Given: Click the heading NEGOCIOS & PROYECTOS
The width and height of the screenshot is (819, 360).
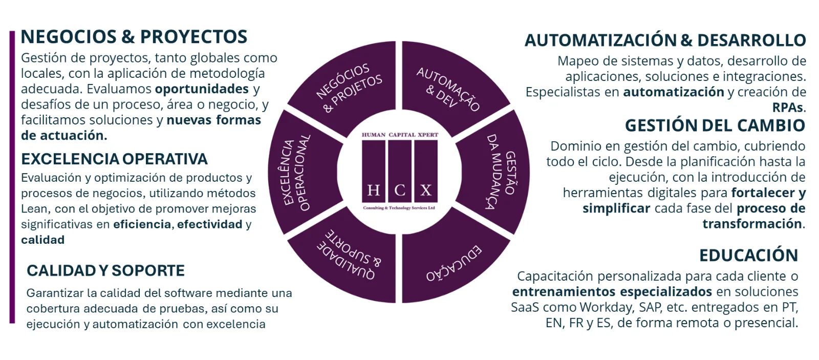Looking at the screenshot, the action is tap(134, 37).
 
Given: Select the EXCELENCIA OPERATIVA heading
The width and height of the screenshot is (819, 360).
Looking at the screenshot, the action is tap(115, 159).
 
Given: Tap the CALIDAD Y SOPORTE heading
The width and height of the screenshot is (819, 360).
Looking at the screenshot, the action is tap(105, 271).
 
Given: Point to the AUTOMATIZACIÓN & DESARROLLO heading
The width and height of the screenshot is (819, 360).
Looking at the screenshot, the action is tap(665, 40).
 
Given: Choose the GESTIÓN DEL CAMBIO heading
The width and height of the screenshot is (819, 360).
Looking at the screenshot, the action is tap(715, 125).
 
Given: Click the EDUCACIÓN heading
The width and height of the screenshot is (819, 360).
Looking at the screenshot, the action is tap(748, 256).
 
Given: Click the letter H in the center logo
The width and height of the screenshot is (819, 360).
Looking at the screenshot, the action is tap(373, 190).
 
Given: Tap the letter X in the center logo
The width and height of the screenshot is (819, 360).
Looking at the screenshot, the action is tap(425, 190).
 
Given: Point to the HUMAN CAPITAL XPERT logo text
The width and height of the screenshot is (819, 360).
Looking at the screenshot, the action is tap(400, 135).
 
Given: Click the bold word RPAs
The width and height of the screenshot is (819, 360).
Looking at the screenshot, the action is tap(788, 108).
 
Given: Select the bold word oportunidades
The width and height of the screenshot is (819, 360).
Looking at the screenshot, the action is tap(202, 89).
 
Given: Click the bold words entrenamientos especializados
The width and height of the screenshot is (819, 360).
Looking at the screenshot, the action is tap(612, 292).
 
